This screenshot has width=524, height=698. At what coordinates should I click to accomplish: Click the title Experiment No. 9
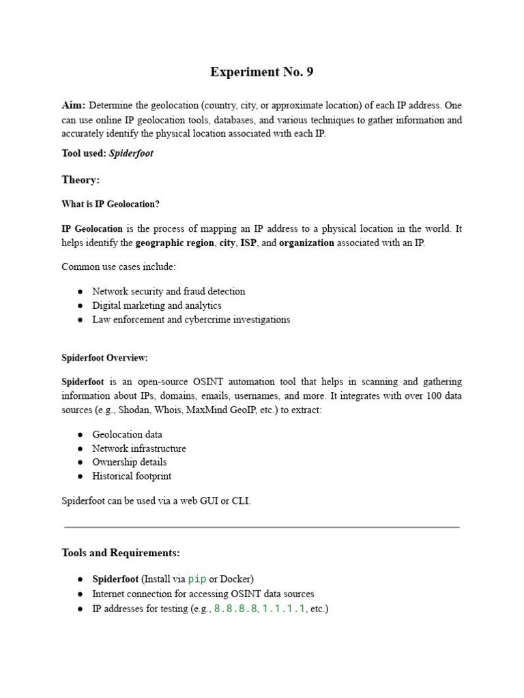(x=261, y=72)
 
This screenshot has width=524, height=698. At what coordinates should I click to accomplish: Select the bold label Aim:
(x=74, y=106)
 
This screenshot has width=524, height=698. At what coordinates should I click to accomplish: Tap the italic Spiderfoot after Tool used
(x=131, y=153)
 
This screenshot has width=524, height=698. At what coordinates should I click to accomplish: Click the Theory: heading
(x=81, y=179)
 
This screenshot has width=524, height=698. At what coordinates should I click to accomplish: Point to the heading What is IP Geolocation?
(x=111, y=204)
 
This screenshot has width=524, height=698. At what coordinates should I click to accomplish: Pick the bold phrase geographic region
(x=175, y=243)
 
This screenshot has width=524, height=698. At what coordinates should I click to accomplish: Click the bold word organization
(x=306, y=243)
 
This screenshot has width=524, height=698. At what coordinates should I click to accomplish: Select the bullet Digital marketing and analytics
(x=157, y=305)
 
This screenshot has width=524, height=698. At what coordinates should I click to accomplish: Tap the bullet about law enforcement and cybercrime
(x=191, y=320)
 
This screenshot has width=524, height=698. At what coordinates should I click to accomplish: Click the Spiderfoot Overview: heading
(x=104, y=358)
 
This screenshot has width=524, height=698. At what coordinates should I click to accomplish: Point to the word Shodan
(x=134, y=410)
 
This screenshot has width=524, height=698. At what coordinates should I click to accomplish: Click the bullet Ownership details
(x=130, y=462)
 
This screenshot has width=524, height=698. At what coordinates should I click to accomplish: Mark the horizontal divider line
(x=261, y=527)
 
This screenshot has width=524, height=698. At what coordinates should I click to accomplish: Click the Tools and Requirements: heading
(x=121, y=552)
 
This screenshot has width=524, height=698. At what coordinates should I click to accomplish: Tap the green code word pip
(x=197, y=579)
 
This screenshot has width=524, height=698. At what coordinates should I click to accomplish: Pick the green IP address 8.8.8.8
(x=236, y=609)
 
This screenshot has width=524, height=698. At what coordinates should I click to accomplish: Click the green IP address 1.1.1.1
(x=283, y=609)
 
